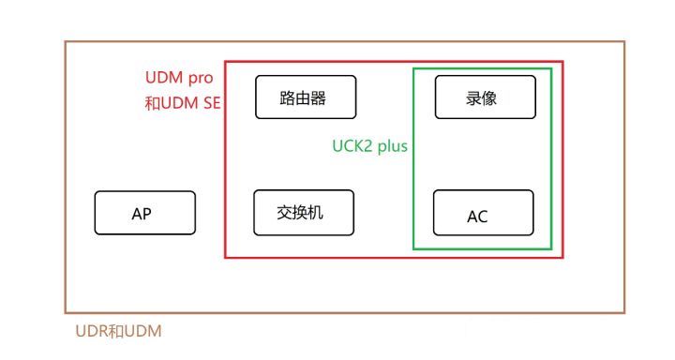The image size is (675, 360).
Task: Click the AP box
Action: click(144, 213)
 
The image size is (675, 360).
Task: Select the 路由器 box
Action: click(306, 97)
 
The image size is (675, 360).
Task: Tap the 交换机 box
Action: click(304, 212)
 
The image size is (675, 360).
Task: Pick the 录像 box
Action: click(485, 96)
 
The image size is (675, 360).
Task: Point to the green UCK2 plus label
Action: click(369, 147)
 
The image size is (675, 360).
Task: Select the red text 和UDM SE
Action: click(182, 103)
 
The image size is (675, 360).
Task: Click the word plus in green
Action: click(390, 147)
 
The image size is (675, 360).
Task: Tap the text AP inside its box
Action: click(142, 214)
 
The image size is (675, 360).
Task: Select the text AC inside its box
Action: click(477, 217)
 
